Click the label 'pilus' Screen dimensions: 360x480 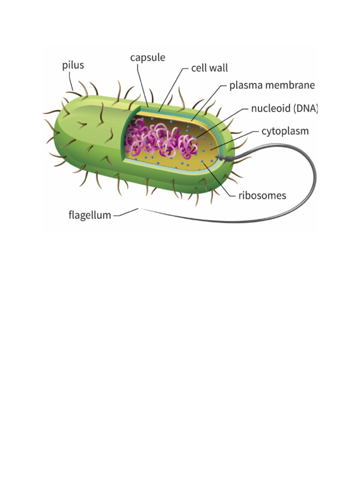tap(73, 65)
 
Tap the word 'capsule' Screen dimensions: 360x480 tap(148, 58)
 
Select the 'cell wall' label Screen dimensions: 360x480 tap(209, 68)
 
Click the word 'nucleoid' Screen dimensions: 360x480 tap(270, 109)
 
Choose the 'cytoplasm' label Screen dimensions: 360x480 tap(285, 131)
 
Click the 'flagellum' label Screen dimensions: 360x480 tap(89, 216)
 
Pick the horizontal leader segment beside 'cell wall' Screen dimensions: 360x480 tap(184, 68)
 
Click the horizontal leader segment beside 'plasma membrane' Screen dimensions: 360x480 tap(222, 86)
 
